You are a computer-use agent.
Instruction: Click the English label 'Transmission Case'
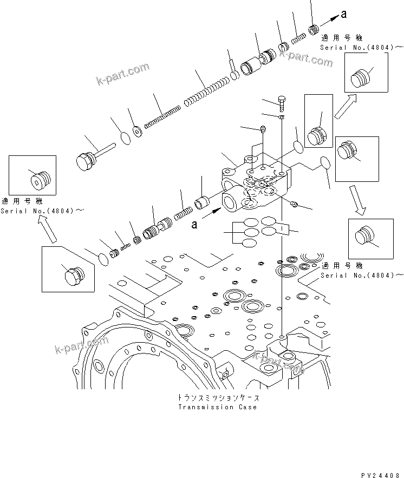[x=217, y=407]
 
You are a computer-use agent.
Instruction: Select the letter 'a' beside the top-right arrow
[x=343, y=15]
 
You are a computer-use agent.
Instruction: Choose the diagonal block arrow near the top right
[x=344, y=106]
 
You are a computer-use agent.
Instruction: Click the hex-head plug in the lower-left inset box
[x=71, y=276]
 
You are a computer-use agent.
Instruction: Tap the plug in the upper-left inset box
[x=39, y=179]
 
